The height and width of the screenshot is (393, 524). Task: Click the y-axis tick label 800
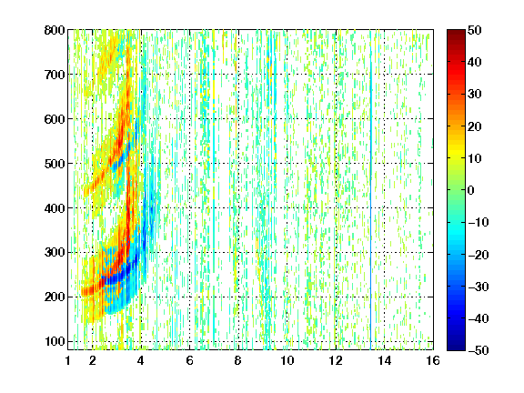55,30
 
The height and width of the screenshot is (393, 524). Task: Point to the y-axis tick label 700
55,75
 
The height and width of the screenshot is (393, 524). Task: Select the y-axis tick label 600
55,119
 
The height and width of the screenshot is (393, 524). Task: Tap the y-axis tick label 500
55,164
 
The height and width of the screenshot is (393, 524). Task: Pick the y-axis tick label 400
55,208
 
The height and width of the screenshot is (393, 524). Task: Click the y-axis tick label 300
55,253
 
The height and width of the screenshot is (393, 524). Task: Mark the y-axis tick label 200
55,297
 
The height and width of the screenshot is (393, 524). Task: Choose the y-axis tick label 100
55,341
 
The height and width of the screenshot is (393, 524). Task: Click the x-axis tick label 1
68,360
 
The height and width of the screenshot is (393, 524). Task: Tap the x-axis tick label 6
189,360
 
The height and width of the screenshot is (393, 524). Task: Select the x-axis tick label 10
287,360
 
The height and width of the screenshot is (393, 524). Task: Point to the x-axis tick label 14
384,360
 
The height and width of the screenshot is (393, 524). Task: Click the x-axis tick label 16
433,360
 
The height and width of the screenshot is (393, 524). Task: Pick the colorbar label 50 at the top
475,30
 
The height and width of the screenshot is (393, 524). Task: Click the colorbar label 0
471,190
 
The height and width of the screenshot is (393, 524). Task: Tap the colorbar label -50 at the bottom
479,350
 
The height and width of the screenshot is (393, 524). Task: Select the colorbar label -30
479,287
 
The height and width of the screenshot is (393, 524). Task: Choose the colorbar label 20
475,126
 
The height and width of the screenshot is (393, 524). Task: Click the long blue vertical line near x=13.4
370,190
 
